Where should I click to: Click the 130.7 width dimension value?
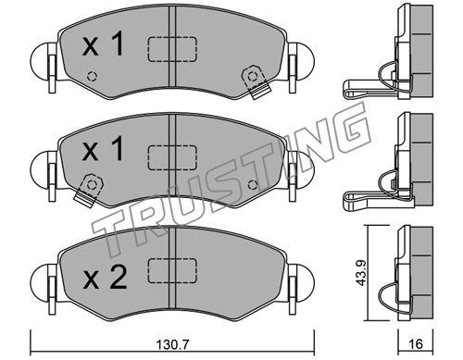172,344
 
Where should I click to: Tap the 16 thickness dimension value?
416,343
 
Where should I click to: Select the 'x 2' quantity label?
105,279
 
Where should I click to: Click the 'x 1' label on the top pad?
103,45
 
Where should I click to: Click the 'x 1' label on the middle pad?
103,149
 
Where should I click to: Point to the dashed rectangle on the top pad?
172,49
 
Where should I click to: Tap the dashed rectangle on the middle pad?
172,158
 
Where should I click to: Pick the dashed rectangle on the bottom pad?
172,270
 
